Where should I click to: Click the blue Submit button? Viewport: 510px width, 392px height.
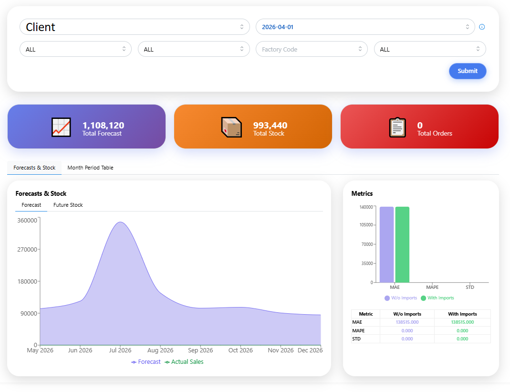pos(468,71)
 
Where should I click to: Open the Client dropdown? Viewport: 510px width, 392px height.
pos(135,27)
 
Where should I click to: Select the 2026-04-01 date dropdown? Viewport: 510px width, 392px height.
pos(365,27)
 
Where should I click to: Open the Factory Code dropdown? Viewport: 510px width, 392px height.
pos(312,49)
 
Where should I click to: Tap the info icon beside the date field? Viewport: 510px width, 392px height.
pos(482,27)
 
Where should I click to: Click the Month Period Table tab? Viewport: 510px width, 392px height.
pos(91,168)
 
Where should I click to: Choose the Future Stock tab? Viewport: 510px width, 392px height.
pos(68,205)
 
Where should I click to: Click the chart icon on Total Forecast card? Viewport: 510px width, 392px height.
pos(61,127)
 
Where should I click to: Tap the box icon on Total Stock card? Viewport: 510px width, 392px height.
pos(231,127)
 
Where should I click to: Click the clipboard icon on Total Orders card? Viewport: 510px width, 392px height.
pos(397,127)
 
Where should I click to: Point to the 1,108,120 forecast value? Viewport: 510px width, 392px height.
pos(103,126)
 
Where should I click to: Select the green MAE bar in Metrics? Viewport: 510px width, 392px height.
pos(402,244)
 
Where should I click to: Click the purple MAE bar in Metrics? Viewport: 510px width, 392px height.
pos(387,244)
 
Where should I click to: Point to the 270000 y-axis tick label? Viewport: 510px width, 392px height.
pos(27,249)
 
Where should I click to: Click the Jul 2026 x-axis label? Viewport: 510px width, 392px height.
pos(120,350)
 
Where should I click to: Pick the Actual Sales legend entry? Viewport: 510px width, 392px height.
pos(184,362)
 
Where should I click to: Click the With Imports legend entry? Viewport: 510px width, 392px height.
pos(437,298)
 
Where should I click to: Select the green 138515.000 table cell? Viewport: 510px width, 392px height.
pos(462,322)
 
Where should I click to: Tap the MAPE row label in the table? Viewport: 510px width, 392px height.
pos(358,331)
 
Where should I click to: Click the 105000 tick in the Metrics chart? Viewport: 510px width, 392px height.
pos(366,225)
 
